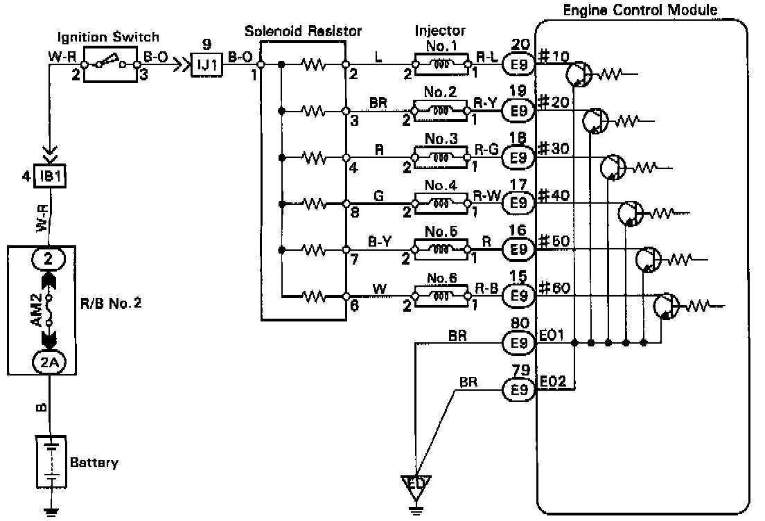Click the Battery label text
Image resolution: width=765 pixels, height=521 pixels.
coord(94,462)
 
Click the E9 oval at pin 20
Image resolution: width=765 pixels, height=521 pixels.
coord(519,64)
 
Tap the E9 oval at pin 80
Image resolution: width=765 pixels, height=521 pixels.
coord(519,342)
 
